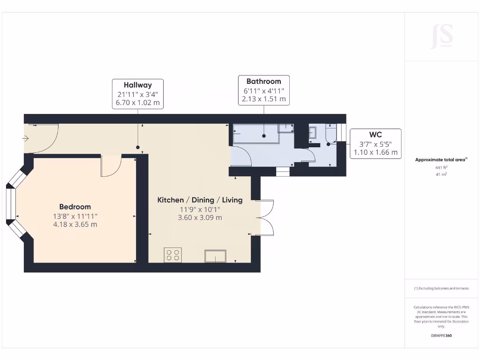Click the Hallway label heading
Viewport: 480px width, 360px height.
coord(138,85)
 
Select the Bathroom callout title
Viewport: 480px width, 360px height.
coord(263,81)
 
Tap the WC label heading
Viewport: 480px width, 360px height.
coord(375,135)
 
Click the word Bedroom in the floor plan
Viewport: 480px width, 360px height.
coord(75,207)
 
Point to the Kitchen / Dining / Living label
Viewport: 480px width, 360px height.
coord(200,200)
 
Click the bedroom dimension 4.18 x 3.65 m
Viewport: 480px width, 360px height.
coord(75,225)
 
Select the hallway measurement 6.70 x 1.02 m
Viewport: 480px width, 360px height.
coord(138,103)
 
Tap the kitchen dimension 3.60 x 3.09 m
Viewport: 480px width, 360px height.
coord(200,217)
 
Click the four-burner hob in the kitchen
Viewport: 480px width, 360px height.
coord(172,255)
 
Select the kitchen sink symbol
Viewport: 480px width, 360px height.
coord(215,256)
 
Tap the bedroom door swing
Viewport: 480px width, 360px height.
coord(111,166)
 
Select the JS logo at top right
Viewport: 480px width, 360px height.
coord(442,36)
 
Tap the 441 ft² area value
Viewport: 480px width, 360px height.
coord(441,167)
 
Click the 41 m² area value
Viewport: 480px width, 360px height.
coord(441,174)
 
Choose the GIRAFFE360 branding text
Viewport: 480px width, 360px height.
coord(441,336)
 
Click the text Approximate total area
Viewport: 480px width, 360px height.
coord(441,160)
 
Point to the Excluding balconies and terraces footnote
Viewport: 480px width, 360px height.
coord(441,288)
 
